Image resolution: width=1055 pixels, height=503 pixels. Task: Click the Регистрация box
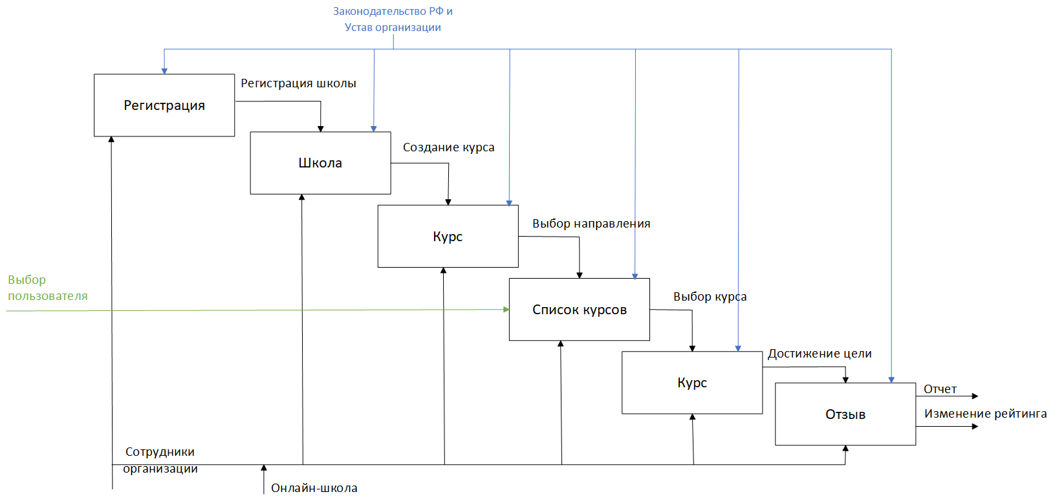point(164,105)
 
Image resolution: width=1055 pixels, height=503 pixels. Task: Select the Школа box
point(320,163)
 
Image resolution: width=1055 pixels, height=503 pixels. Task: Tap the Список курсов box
point(580,310)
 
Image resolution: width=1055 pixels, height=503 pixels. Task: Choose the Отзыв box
point(845,414)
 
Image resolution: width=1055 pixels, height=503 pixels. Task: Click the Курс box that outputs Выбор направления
point(448,236)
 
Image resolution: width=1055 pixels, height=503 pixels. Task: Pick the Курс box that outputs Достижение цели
point(692,383)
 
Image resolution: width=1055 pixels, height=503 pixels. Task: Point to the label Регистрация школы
point(298,83)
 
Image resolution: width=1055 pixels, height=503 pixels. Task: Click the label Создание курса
point(448,147)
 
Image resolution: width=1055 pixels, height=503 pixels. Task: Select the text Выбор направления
point(591,224)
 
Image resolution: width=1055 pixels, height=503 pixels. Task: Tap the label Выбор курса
point(710,297)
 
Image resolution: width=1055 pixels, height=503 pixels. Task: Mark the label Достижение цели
point(820,354)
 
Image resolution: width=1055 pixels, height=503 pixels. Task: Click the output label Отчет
point(940,389)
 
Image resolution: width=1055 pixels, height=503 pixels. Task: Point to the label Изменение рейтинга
point(985,414)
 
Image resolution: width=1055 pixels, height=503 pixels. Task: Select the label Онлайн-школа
point(314,488)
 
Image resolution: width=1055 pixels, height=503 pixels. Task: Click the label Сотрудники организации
point(160,460)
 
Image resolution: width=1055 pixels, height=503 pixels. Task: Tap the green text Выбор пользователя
point(48,288)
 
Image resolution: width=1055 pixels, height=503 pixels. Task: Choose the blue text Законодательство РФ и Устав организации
point(393,19)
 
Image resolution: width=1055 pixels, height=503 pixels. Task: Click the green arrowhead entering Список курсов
point(506,310)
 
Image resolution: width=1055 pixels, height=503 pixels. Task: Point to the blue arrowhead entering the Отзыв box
point(891,380)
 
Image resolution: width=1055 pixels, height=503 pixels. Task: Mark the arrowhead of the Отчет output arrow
point(975,396)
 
